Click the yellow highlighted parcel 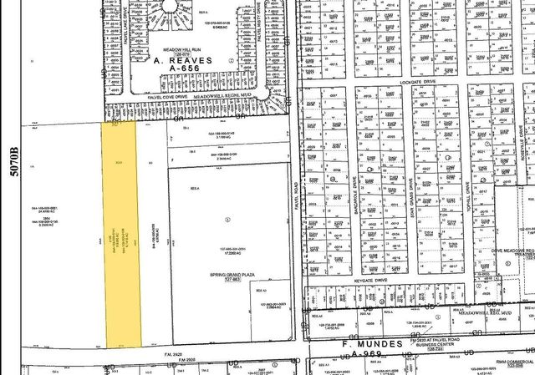pos(121,234)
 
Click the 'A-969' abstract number pos(369,354)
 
